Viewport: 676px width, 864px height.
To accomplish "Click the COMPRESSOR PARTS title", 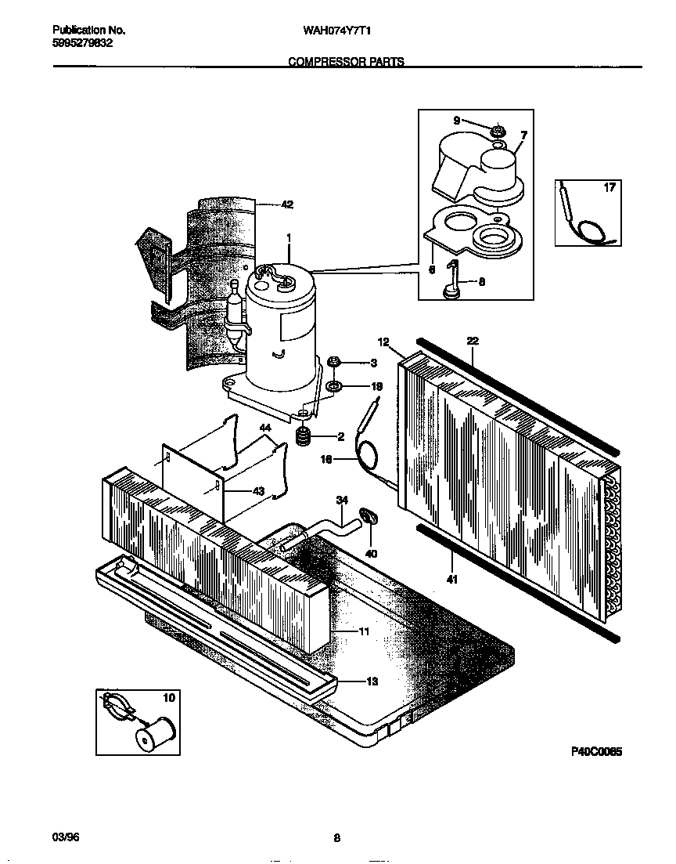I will [x=347, y=61].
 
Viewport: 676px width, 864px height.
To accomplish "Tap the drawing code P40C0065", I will [x=595, y=751].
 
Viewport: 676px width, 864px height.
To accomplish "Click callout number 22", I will [x=473, y=341].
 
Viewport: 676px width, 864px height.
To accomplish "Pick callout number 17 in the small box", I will [x=609, y=188].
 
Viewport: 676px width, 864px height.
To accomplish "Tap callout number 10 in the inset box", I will [x=168, y=697].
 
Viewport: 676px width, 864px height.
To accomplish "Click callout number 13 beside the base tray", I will [x=372, y=681].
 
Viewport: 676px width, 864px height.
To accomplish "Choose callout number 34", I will [x=341, y=499].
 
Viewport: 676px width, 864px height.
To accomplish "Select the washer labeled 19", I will [x=334, y=387].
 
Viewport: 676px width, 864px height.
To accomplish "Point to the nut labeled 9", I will [x=497, y=129].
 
